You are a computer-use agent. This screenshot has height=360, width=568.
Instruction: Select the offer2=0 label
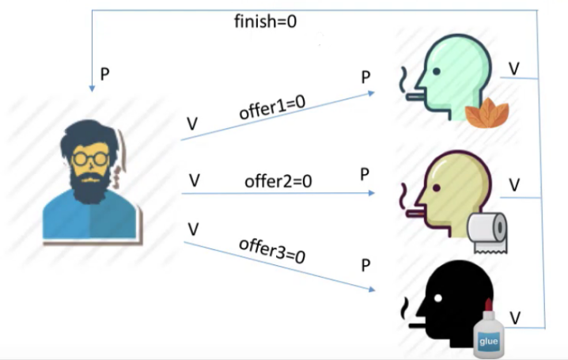(278, 181)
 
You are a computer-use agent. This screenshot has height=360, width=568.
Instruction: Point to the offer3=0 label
(272, 249)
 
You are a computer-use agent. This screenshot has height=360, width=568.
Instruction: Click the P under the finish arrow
(104, 74)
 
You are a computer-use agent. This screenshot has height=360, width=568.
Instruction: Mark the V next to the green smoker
(514, 70)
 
